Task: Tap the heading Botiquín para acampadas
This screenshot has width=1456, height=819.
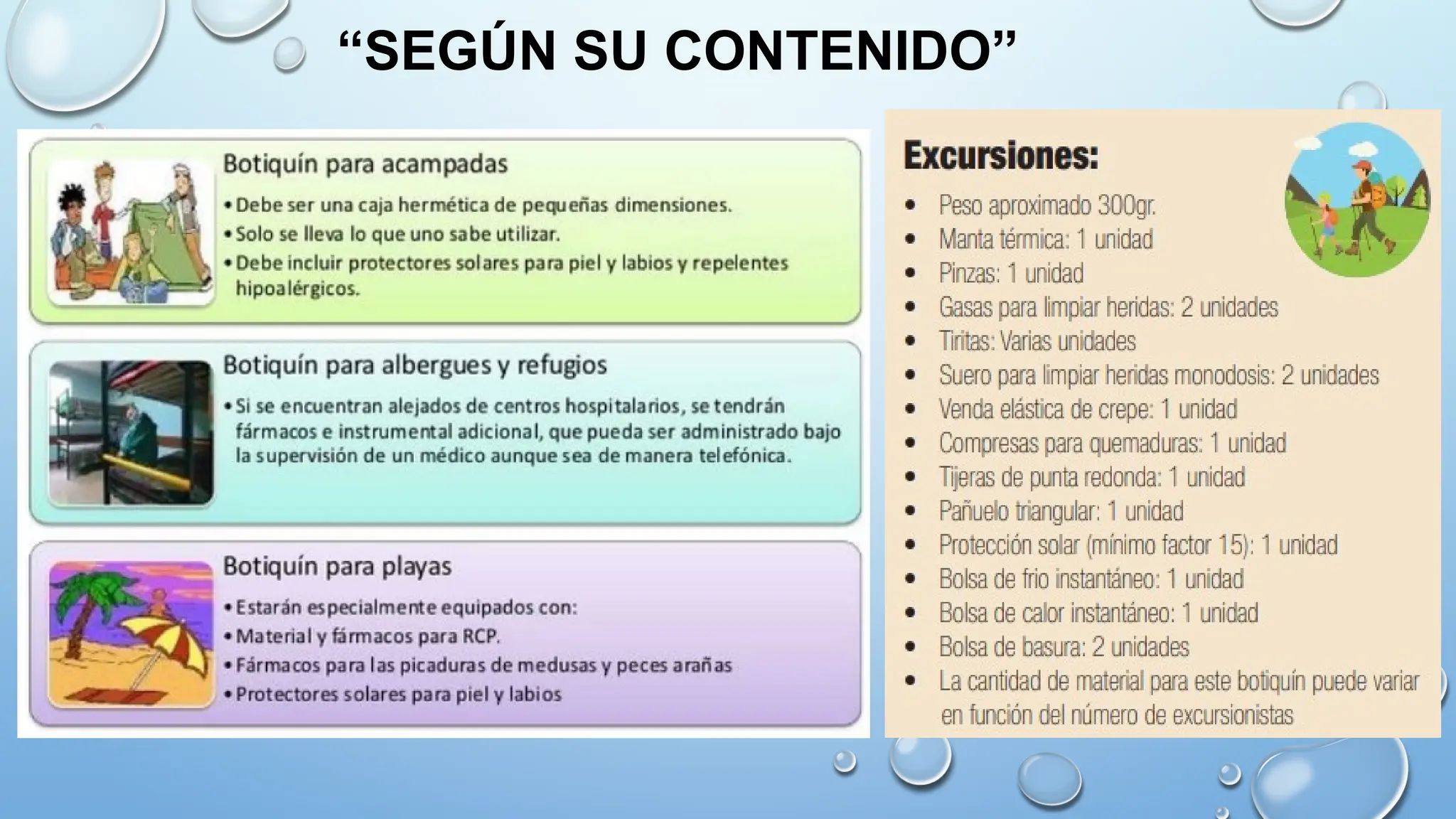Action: (x=365, y=164)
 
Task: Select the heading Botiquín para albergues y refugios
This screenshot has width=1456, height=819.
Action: (x=415, y=365)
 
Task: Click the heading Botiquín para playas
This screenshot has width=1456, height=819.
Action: (x=337, y=567)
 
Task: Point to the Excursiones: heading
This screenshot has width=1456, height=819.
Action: (x=1001, y=156)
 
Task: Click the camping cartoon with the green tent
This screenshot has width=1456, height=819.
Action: (x=131, y=232)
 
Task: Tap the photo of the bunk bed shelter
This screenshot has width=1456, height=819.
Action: (x=131, y=432)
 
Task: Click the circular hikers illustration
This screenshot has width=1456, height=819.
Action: (x=1357, y=200)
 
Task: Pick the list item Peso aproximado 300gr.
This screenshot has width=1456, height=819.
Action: (x=1046, y=205)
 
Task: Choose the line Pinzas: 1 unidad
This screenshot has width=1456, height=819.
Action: (x=1011, y=274)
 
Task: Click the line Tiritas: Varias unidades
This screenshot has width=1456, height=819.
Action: (x=1037, y=341)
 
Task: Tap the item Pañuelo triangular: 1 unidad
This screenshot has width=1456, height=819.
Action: (x=1061, y=511)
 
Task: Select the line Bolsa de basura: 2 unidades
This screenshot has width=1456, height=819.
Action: (x=1064, y=647)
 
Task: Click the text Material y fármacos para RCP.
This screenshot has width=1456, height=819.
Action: (x=368, y=636)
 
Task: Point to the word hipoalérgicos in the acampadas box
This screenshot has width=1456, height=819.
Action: (x=297, y=289)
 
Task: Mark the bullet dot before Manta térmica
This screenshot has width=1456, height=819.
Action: (x=910, y=240)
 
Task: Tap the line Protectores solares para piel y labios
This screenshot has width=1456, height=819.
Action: (x=398, y=695)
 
